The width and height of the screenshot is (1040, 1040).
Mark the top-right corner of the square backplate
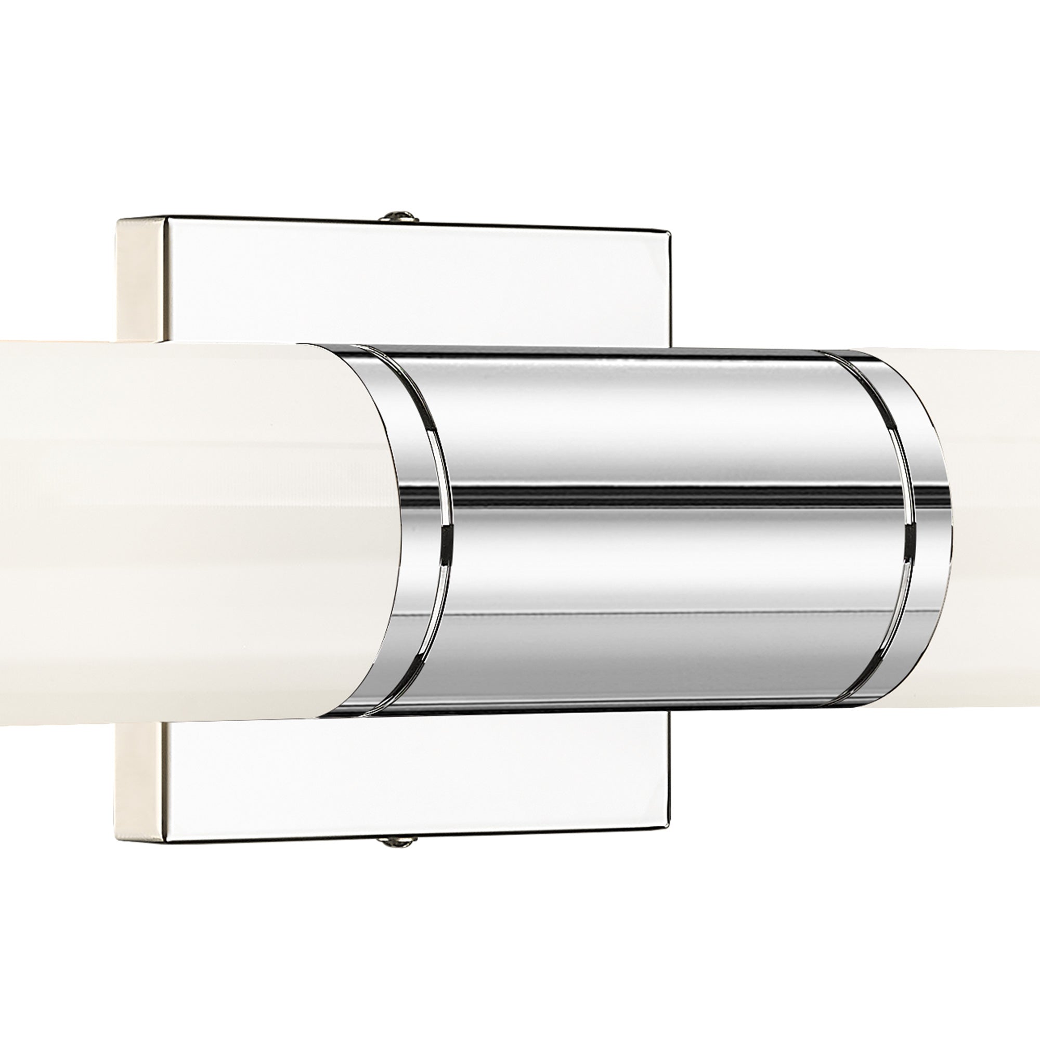[669, 233]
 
